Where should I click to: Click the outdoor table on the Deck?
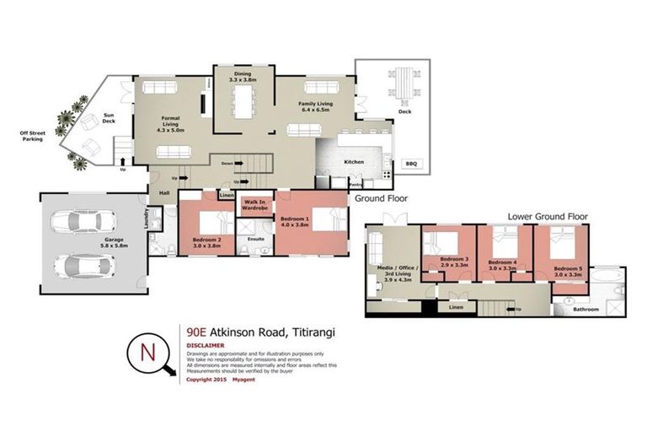pos(402,89)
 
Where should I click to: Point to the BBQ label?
pos(412,165)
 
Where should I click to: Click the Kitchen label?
pos(352,161)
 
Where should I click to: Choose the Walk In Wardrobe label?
pos(254,205)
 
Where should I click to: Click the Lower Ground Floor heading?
pos(548,217)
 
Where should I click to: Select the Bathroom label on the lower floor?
pos(586,309)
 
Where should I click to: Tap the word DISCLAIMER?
pos(206,345)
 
